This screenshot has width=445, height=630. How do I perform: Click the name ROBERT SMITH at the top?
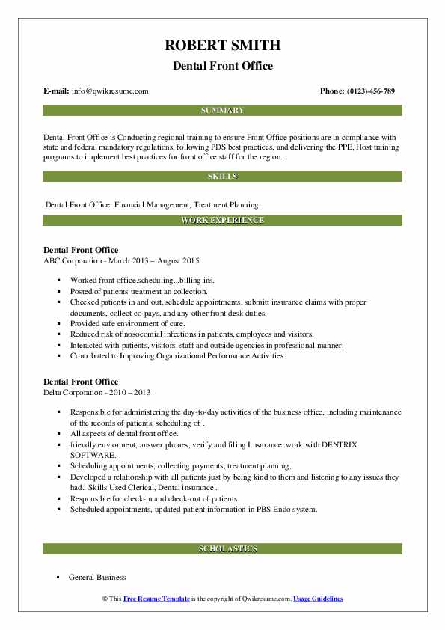(x=222, y=46)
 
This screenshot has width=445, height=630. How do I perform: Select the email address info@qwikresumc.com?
(x=110, y=91)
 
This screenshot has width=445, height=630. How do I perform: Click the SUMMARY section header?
(x=222, y=111)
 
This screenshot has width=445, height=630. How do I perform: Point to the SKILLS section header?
(x=222, y=177)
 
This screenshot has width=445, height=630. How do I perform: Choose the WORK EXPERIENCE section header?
(x=222, y=221)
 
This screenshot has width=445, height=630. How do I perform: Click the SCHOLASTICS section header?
(x=222, y=549)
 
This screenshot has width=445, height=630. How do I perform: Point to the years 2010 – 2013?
(x=133, y=391)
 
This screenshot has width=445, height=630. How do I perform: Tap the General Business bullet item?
(x=97, y=578)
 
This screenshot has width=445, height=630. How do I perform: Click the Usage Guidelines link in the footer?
(x=318, y=599)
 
